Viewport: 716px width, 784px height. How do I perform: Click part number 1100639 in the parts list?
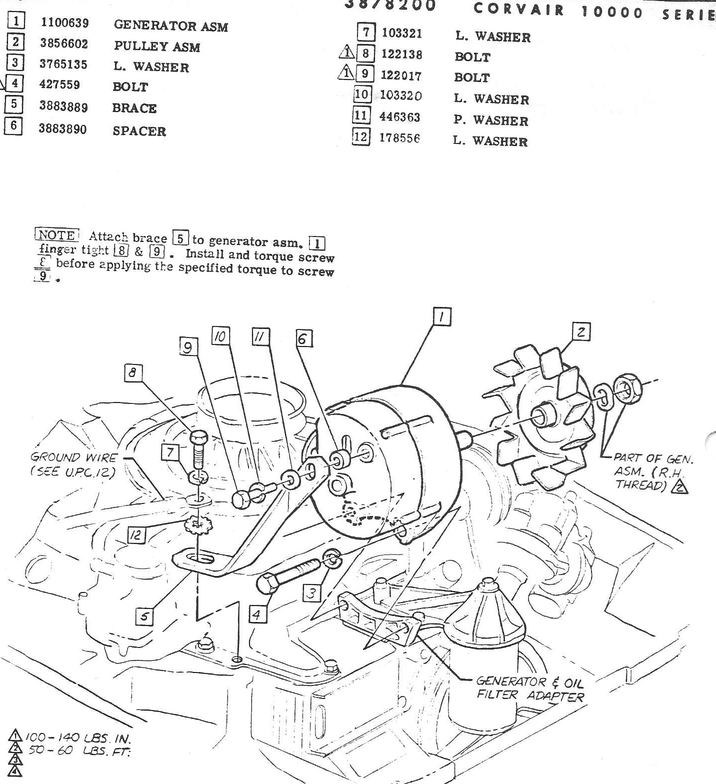coord(64,22)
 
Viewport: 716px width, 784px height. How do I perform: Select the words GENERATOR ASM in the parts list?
coord(170,25)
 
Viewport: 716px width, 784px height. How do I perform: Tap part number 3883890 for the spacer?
coord(62,129)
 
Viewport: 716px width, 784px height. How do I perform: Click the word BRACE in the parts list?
coord(134,108)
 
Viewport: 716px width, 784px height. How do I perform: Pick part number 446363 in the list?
coord(399,117)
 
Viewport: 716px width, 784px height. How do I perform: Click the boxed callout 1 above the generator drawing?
coord(442,317)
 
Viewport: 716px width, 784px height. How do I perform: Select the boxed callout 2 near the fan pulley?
coord(581,332)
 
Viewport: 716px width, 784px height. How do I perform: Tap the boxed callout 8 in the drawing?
coord(133,373)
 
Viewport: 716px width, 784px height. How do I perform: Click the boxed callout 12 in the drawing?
coord(135,535)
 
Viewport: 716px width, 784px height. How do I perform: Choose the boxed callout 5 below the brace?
coord(144,616)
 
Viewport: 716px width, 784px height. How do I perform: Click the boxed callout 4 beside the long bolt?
coord(257,614)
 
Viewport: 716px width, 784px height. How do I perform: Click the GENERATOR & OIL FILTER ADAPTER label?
coord(530,688)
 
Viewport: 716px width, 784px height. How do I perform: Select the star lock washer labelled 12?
coord(198,524)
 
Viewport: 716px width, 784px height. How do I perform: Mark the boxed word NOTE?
coord(56,235)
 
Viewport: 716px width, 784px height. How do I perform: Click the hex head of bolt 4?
coord(267,583)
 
